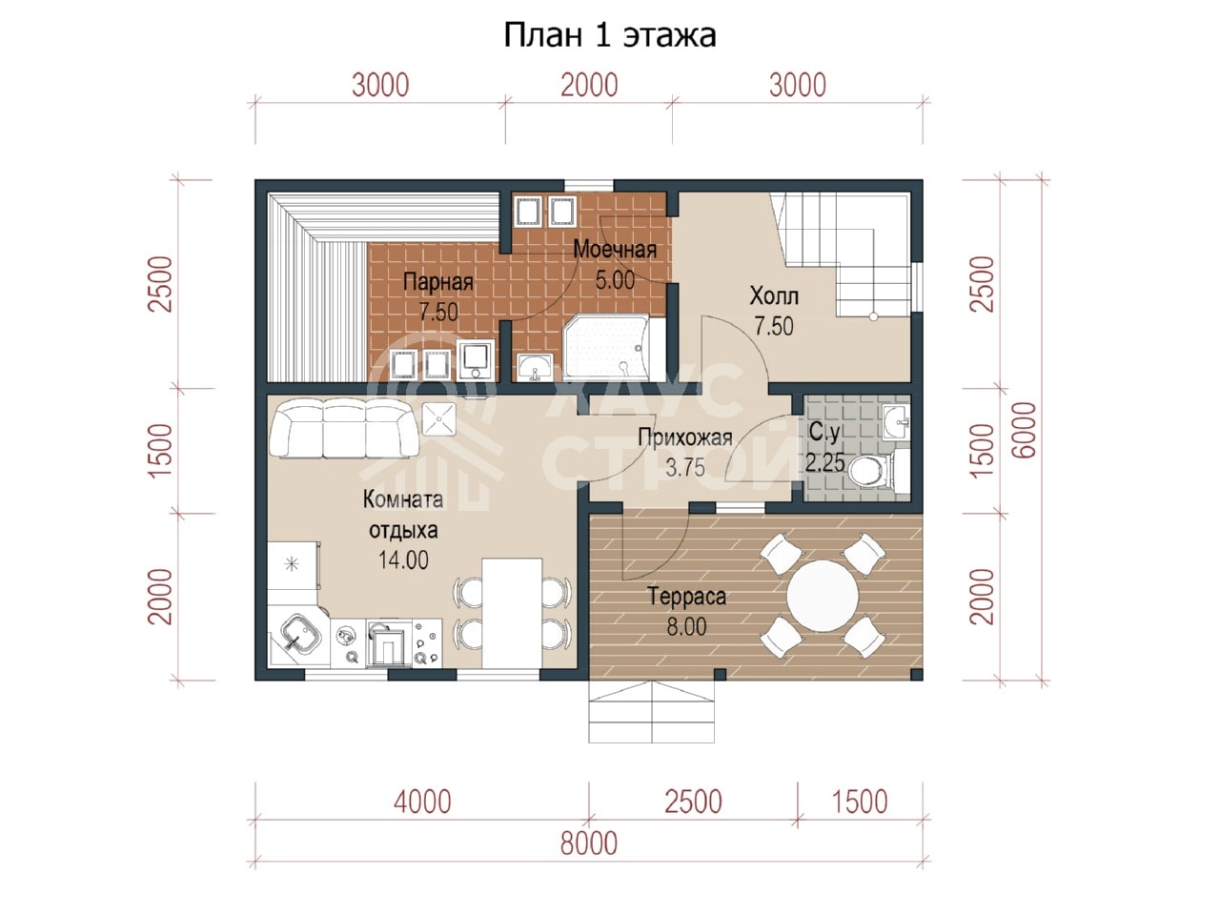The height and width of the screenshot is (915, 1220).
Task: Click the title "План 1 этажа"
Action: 610,35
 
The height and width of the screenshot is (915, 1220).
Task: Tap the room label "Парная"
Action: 438,282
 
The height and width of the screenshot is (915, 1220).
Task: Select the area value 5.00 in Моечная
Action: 615,279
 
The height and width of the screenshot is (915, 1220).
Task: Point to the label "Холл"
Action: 774,296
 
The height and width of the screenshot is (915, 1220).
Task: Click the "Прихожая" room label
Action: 684,437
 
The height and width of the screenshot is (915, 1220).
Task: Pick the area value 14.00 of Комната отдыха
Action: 403,560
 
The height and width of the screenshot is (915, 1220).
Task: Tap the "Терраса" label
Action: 686,597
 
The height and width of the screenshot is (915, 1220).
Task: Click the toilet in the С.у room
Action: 873,470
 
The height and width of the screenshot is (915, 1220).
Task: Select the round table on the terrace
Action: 823,596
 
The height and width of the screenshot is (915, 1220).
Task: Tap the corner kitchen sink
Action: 300,635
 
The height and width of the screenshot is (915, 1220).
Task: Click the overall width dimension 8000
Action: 589,844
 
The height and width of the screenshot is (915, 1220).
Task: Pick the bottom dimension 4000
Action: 422,803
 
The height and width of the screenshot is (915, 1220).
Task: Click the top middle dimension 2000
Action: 589,86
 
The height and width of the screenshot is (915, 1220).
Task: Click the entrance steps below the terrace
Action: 651,712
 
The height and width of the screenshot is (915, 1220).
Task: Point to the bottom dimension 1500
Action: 860,803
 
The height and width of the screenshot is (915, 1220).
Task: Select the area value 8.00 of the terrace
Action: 686,626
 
